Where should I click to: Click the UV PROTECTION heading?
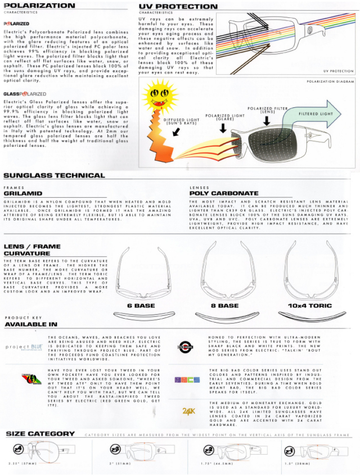click(x=178, y=7)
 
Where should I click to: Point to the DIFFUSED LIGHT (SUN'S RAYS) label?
click(x=183, y=121)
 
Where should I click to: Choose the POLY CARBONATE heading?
click(x=223, y=193)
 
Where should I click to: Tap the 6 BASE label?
click(x=141, y=306)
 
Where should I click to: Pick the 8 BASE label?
click(x=224, y=306)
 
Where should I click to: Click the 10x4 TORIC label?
click(x=309, y=306)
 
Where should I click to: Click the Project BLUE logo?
click(x=24, y=347)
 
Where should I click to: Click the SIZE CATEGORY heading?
click(x=40, y=434)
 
